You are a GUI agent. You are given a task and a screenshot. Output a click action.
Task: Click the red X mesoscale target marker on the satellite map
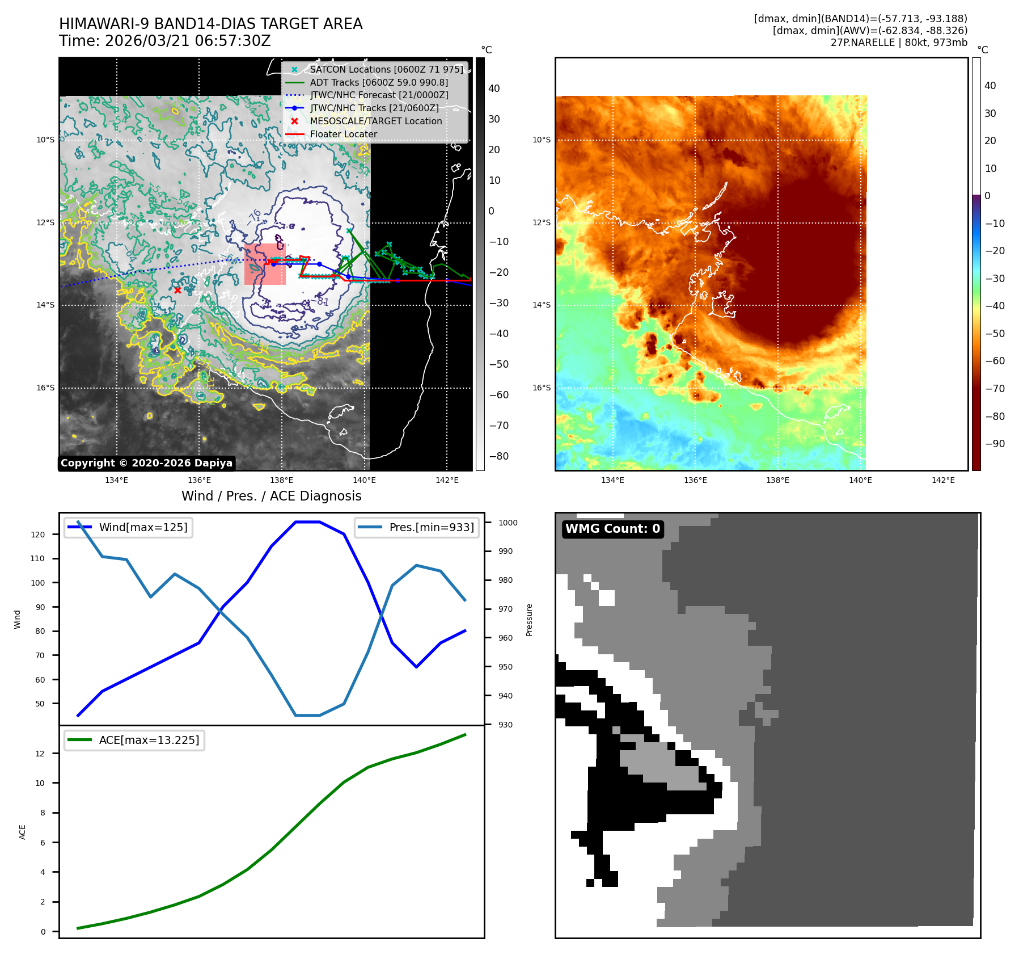coord(177,290)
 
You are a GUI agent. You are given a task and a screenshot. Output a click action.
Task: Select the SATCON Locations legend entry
coord(386,69)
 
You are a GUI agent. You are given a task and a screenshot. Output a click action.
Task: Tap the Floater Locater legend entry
coord(343,134)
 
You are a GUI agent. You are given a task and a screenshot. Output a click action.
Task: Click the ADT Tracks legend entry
coord(379,82)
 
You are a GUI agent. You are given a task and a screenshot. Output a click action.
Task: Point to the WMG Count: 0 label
coord(612,529)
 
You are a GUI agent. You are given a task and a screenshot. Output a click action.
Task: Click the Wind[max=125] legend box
coord(129,527)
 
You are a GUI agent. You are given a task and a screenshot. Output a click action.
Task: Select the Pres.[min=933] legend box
coord(417,527)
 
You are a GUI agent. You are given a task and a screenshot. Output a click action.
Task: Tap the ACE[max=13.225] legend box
coord(134,740)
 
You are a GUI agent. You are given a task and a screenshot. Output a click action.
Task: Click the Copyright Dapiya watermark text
coord(146,463)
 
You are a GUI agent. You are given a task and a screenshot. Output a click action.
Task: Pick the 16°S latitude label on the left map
coord(46,388)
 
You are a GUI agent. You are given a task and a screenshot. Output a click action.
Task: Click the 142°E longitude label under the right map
coord(943,480)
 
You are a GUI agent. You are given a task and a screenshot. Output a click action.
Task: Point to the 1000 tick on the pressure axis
coord(508,523)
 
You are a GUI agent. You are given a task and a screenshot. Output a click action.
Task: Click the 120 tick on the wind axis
coord(38,535)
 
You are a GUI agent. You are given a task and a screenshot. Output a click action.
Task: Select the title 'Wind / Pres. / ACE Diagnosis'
coord(271,496)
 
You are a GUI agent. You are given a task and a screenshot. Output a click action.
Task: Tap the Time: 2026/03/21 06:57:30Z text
coord(165,41)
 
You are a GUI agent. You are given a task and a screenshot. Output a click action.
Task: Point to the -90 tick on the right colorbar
coord(995,444)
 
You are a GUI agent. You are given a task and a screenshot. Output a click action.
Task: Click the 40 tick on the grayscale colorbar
coord(494,89)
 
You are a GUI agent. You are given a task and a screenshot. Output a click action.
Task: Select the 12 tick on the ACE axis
coord(40,754)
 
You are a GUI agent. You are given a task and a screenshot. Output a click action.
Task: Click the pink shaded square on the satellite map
coord(265,264)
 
